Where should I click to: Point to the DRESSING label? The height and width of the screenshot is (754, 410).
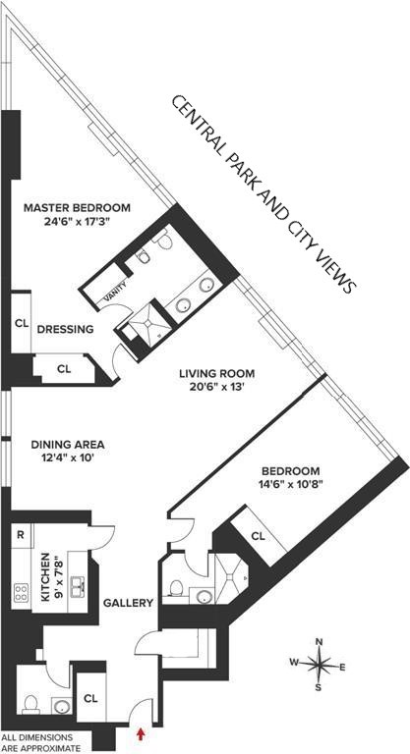point(65,330)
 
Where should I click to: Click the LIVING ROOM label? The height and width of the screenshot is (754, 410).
point(216,373)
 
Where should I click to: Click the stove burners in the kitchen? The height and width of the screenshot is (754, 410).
point(20,592)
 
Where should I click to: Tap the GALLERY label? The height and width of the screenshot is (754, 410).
point(129,603)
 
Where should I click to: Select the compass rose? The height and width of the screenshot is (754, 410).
point(320,665)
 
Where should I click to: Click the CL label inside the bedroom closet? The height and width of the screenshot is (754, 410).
point(258,536)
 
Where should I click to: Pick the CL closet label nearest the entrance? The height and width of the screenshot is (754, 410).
point(90,698)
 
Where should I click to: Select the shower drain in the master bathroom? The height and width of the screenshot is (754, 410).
point(150,331)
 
